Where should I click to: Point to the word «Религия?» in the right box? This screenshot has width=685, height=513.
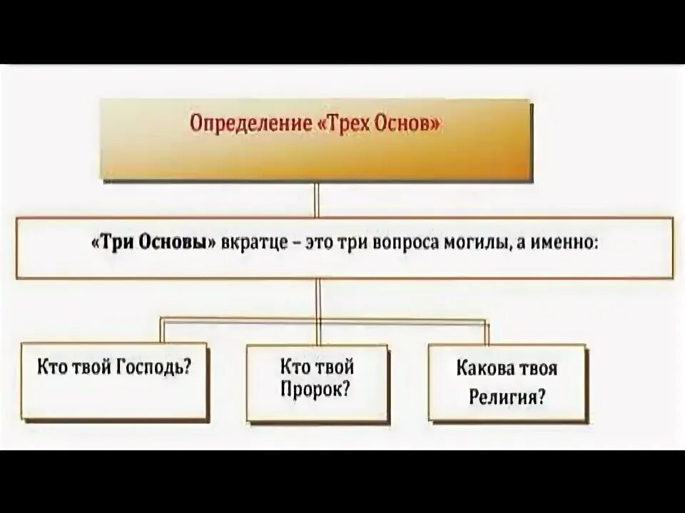click(x=507, y=396)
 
